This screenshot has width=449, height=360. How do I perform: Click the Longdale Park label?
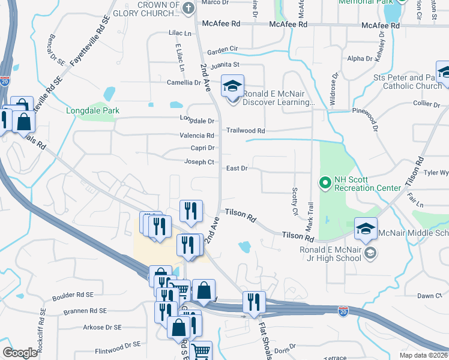coord(92,110)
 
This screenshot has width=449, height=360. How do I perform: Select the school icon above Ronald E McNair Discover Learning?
coord(232,85)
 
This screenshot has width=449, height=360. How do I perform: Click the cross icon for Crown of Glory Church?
coord(188,8)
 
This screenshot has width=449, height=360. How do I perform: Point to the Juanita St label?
coord(224,64)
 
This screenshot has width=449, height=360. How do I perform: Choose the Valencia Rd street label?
coord(197,136)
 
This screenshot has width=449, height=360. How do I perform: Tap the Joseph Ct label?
coord(199,162)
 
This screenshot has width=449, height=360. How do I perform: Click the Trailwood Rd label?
coord(246,130)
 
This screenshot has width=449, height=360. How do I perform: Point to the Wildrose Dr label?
coord(333,89)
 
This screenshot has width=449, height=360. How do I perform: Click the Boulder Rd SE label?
coord(73,295)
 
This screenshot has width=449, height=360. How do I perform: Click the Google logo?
coord(20,352)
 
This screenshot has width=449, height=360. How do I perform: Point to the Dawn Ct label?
coord(429,296)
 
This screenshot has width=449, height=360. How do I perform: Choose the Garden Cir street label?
coord(223,49)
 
